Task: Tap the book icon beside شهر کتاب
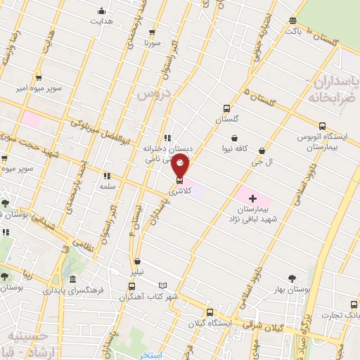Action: click(164, 285)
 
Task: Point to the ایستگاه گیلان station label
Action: click(210, 323)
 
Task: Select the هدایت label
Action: click(101, 20)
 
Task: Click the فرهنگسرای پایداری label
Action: click(73, 289)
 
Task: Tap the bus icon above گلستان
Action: click(226, 108)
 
